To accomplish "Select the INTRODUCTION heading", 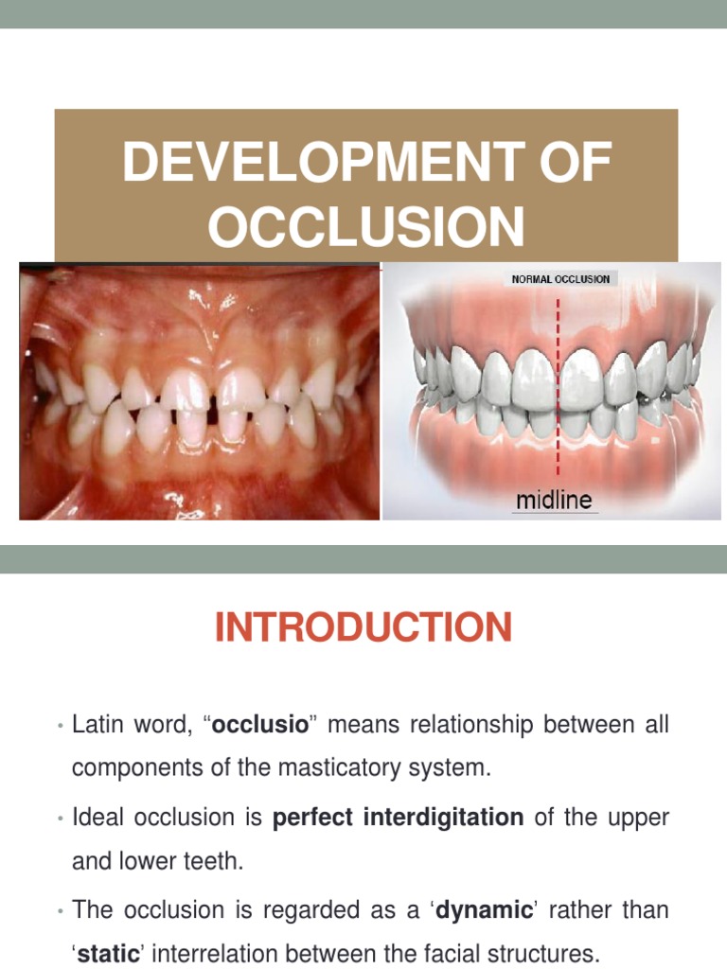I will point(363,627).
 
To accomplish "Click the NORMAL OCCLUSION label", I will point(560,279).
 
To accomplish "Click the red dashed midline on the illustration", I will point(560,379).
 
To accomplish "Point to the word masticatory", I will point(361,769).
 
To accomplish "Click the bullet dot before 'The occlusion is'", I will point(60,911).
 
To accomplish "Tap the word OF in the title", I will point(567,164).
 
